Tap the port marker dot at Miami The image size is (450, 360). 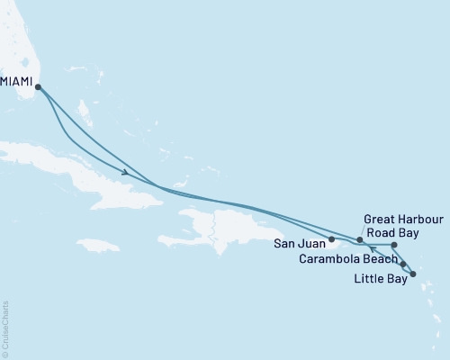pos(38,86)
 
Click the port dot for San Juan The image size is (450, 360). pos(332,239)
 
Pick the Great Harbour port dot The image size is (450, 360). pos(360,240)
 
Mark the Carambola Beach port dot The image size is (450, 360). pos(403,264)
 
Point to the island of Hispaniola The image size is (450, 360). pos(225,225)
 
